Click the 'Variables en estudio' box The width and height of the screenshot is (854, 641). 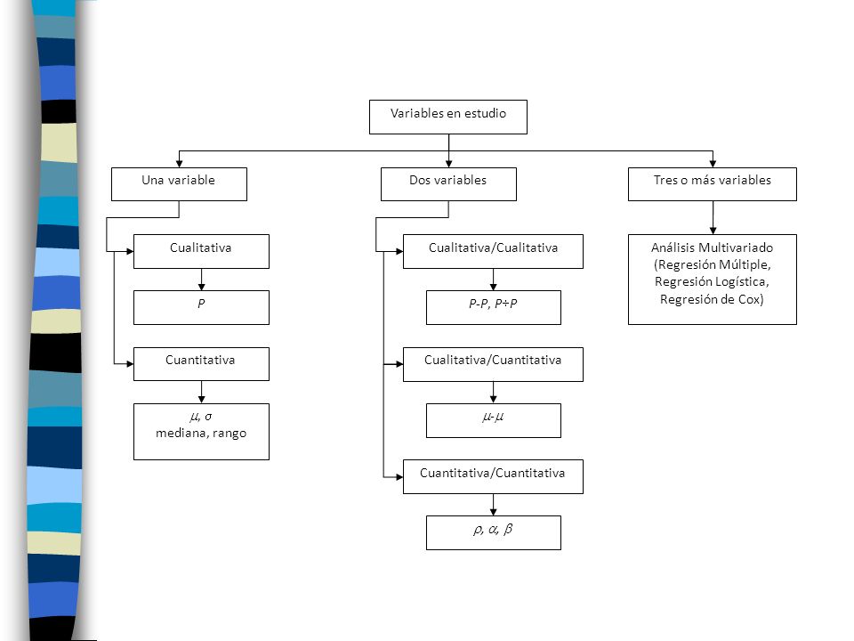click(448, 117)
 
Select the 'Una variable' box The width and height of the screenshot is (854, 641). click(179, 184)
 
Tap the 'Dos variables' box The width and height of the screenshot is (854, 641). click(448, 184)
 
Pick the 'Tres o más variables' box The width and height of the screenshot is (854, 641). click(713, 184)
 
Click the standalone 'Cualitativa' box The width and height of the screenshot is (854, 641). click(202, 251)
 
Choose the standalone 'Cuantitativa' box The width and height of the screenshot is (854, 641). click(202, 364)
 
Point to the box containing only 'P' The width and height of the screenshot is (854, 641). click(202, 307)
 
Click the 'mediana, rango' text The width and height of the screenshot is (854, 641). click(201, 434)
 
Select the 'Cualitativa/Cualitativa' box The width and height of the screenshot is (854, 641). click(493, 251)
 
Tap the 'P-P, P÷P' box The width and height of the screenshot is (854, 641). click(494, 307)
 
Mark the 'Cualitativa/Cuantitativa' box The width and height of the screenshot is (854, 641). click(493, 364)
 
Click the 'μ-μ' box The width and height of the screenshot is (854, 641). click(494, 421)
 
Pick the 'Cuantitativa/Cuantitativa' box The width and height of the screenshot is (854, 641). click(493, 477)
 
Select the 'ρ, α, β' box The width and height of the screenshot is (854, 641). click(494, 533)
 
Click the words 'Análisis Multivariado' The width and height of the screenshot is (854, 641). click(712, 247)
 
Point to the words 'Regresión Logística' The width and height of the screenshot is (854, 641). click(711, 282)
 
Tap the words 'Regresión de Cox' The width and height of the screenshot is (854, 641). click(711, 299)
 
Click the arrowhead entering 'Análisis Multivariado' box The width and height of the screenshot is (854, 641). click(713, 231)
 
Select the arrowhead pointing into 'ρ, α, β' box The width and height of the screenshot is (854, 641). click(494, 512)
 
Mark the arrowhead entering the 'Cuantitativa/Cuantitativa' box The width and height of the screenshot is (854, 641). click(399, 477)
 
